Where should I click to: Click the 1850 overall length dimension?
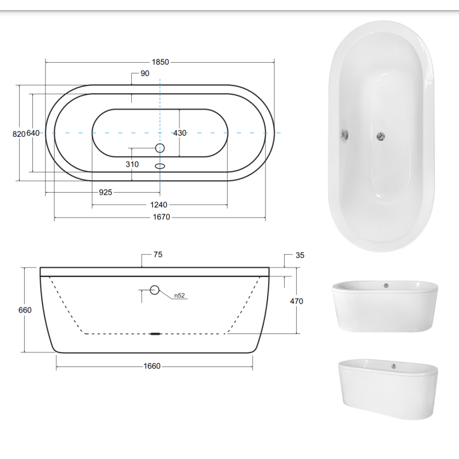pos(160,61)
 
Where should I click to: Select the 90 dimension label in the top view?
pos(145,74)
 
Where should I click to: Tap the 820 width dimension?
pos(18,133)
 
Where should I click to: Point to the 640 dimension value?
pos(34,133)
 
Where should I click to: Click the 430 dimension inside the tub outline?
pos(180,133)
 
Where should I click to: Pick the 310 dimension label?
pos(132,164)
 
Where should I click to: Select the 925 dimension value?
pos(105,192)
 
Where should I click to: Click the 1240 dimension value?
pos(160,205)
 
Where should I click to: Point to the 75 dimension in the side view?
pos(158,255)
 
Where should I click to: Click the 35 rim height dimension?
pos(300,255)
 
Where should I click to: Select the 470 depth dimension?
pos(296,301)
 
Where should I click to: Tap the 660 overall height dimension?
pos(25,310)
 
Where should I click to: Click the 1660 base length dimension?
pos(152,366)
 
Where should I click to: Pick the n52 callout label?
pos(179,295)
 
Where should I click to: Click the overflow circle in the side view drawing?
pos(154,290)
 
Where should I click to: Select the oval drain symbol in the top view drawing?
pos(160,167)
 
